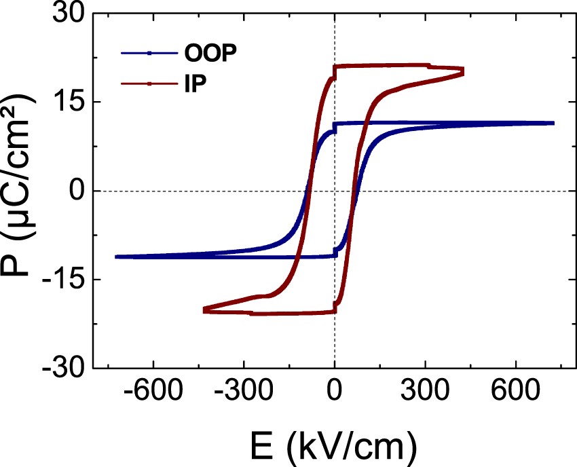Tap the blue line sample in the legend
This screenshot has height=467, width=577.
(149, 52)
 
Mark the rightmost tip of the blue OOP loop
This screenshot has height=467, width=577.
(553, 123)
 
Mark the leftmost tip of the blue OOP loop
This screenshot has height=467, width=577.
(117, 257)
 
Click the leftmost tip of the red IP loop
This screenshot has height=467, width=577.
(204, 310)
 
